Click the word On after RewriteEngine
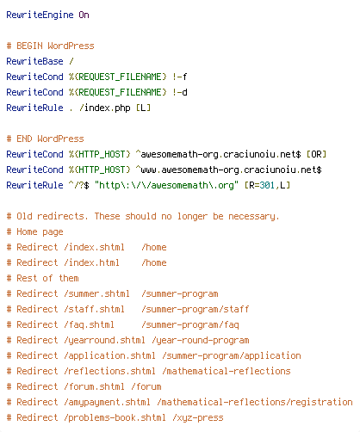(x=84, y=15)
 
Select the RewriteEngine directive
(x=40, y=15)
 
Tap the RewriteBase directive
(x=34, y=61)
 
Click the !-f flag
(x=180, y=77)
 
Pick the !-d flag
(x=180, y=92)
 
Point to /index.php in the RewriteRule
(x=105, y=108)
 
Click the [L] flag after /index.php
(x=143, y=108)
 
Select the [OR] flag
(x=316, y=154)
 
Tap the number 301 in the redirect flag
(x=267, y=185)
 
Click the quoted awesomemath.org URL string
(x=166, y=185)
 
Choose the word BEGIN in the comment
(x=29, y=46)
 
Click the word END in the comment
(x=24, y=139)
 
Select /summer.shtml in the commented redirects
(x=97, y=293)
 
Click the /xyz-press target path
(x=198, y=417)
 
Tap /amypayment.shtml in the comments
(x=108, y=402)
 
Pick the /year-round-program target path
(x=201, y=340)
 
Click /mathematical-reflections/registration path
(x=255, y=402)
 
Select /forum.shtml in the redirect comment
(x=95, y=386)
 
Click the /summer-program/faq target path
(x=190, y=324)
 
